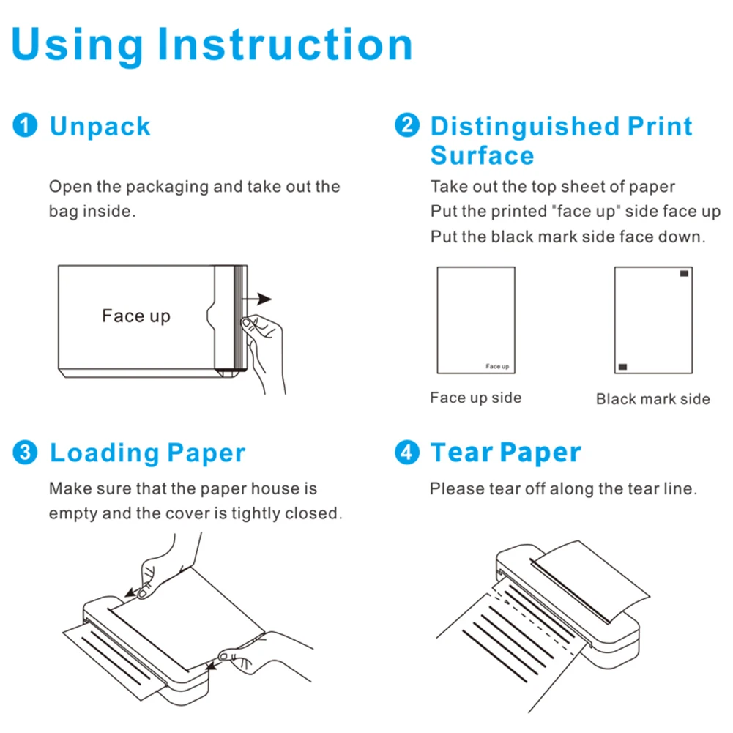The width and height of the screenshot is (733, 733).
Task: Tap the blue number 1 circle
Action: [24, 126]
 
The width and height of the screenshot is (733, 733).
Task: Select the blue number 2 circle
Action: [406, 126]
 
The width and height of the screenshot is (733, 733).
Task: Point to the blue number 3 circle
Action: [24, 453]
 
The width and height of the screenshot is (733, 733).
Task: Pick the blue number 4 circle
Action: [406, 453]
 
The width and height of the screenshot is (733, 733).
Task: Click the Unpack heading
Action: [100, 127]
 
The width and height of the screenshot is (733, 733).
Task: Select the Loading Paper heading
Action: [147, 453]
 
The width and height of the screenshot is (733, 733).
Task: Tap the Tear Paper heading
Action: [505, 453]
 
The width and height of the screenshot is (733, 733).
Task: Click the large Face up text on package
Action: [135, 316]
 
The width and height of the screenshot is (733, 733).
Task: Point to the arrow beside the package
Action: [260, 299]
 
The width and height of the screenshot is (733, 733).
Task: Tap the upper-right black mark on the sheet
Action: [684, 274]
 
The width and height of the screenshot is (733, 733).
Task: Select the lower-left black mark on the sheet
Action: [622, 366]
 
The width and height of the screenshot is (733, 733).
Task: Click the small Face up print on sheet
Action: [498, 366]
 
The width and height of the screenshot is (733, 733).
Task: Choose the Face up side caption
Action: [475, 398]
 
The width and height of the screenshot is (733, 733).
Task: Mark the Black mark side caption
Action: [652, 399]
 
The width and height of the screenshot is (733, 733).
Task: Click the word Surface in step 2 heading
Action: [482, 156]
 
